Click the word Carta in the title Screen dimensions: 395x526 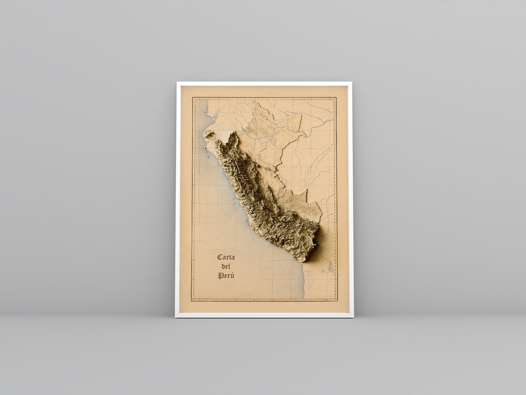(226, 257)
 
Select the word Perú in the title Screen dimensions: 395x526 (226, 276)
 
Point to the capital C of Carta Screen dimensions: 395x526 (220, 257)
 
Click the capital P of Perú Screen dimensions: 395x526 (221, 276)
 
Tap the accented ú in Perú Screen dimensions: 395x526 (232, 276)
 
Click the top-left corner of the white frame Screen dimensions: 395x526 (177, 83)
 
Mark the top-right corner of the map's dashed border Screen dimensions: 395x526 (335, 98)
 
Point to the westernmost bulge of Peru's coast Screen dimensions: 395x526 (204, 139)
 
